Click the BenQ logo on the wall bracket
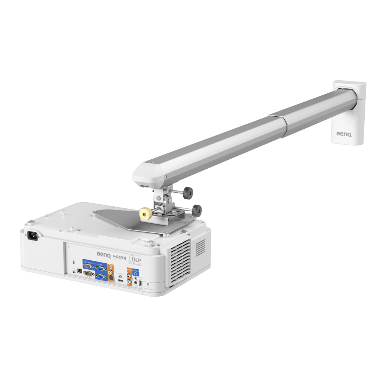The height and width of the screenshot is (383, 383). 343,134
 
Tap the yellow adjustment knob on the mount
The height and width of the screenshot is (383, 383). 145,214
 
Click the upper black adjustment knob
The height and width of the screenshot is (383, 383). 188,193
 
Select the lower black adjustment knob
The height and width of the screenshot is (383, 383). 196,210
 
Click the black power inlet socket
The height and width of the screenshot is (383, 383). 32,236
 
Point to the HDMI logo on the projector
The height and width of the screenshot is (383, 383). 120,257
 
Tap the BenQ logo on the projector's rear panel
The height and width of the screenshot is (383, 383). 104,255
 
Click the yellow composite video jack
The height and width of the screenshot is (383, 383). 110,272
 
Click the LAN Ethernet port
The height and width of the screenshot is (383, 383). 79,271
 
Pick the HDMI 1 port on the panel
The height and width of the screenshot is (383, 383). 120,280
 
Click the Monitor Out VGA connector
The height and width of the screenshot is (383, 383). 88,266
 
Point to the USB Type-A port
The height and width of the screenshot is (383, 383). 140,284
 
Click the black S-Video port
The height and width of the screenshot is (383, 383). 111,278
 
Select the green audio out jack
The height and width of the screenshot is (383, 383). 136,278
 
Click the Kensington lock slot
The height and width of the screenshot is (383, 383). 74,262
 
